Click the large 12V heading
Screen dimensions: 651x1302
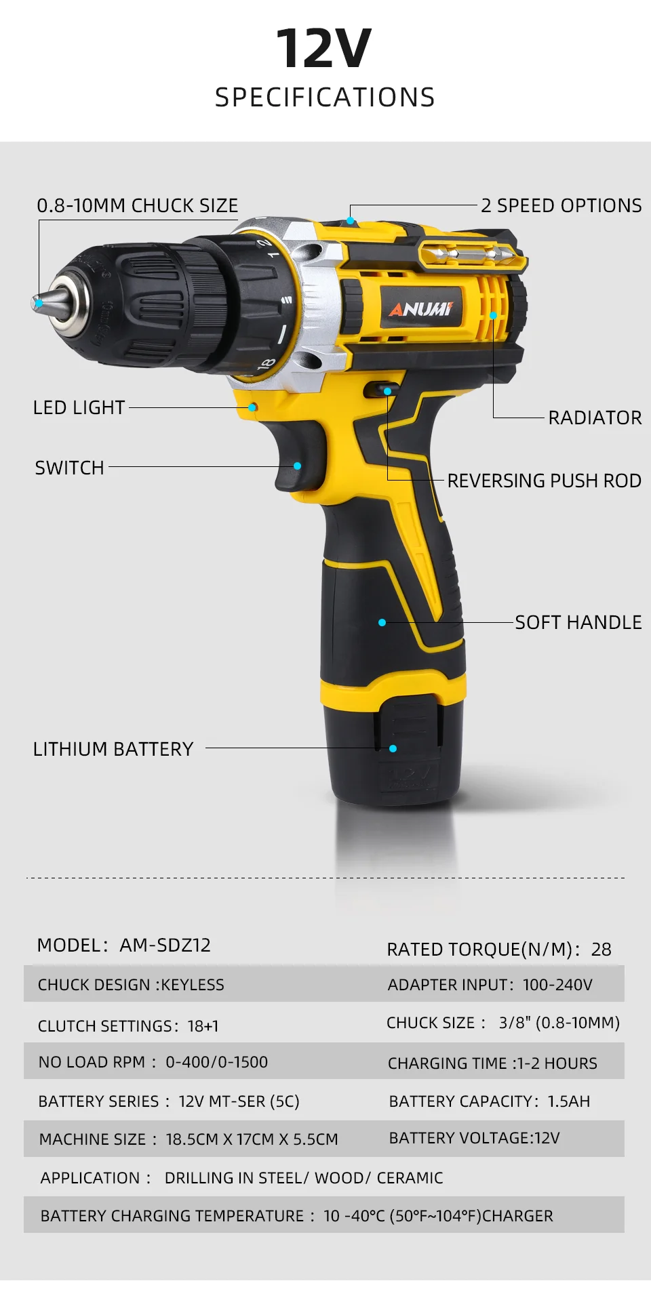pyautogui.click(x=324, y=49)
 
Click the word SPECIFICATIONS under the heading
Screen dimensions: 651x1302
pyautogui.click(x=325, y=98)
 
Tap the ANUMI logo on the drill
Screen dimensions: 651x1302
pyautogui.click(x=420, y=309)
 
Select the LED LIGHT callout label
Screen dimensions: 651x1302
pyautogui.click(x=79, y=407)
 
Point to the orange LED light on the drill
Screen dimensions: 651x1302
pyautogui.click(x=252, y=407)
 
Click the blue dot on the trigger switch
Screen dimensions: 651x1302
pyautogui.click(x=297, y=466)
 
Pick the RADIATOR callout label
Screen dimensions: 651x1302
pyautogui.click(x=595, y=418)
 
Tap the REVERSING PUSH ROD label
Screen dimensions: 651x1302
pyautogui.click(x=544, y=481)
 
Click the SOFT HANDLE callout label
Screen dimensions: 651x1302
pyautogui.click(x=578, y=622)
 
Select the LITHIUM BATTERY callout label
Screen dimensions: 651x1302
pyautogui.click(x=113, y=749)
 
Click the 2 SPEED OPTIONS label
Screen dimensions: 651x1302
pyautogui.click(x=561, y=205)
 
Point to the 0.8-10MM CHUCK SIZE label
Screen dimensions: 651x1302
pyautogui.click(x=138, y=205)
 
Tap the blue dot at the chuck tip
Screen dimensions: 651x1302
pyautogui.click(x=39, y=302)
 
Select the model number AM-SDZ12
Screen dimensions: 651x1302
pyautogui.click(x=165, y=945)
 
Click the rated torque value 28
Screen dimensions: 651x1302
pyautogui.click(x=601, y=950)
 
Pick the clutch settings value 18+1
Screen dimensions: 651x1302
pyautogui.click(x=203, y=1026)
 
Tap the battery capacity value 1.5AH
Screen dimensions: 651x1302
pyautogui.click(x=568, y=1101)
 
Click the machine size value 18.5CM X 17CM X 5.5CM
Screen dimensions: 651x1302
pyautogui.click(x=252, y=1139)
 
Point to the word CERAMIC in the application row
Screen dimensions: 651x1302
pyautogui.click(x=410, y=1178)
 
